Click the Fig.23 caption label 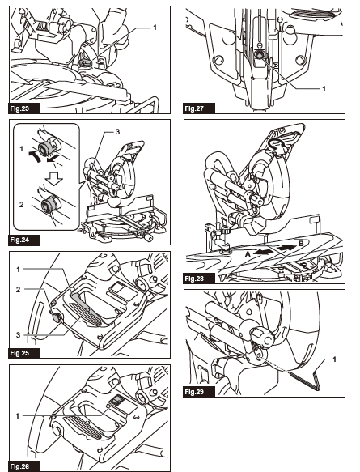tap(19, 108)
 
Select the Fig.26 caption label tap(19, 464)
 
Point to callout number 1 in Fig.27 tap(323, 87)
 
